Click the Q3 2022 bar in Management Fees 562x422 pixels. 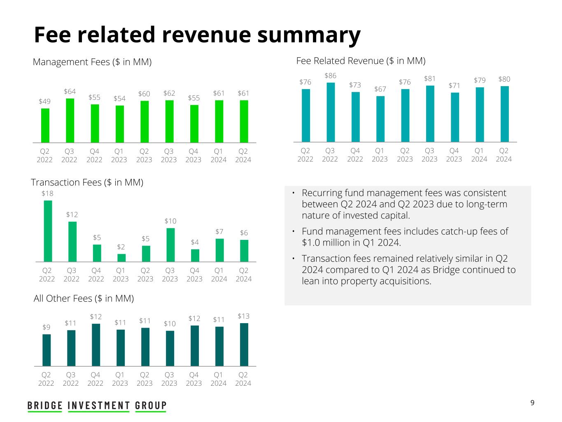(70, 120)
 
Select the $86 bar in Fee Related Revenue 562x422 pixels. (330, 112)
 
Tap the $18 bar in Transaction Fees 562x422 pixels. (48, 231)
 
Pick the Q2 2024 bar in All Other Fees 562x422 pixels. (244, 345)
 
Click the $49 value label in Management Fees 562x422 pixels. (45, 101)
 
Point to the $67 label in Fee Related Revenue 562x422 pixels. (380, 89)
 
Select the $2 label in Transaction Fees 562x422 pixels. (121, 247)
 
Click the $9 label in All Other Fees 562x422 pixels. (47, 327)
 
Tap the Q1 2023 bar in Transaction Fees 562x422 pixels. (121, 258)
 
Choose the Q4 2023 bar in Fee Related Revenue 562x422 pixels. (455, 117)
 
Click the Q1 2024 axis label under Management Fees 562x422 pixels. (218, 155)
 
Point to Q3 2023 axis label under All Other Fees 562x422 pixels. (169, 379)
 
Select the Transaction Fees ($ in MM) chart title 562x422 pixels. (87, 182)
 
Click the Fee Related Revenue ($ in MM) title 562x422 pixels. (361, 61)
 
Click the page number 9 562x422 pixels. (532, 403)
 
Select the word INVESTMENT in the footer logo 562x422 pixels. (99, 406)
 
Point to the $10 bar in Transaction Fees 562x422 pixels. (170, 245)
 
